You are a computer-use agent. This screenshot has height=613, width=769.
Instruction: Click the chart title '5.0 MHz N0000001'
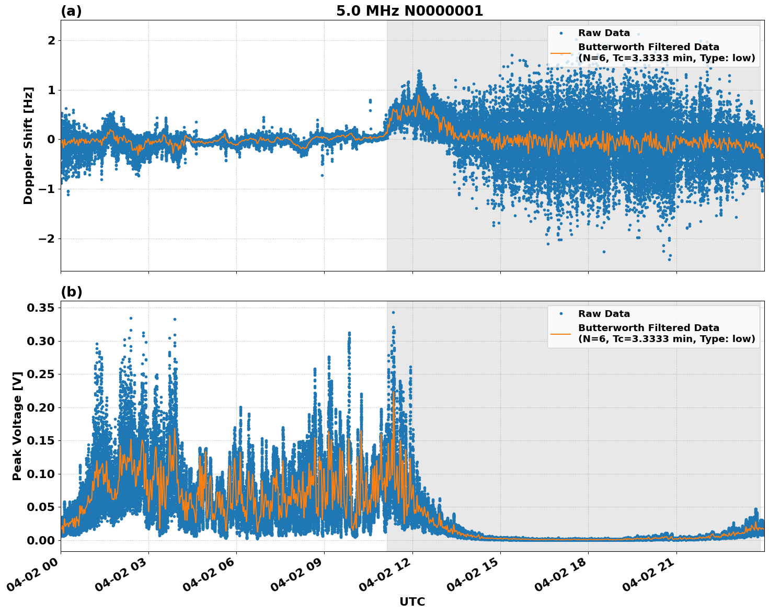(409, 11)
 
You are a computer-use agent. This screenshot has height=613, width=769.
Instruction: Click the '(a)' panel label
(71, 11)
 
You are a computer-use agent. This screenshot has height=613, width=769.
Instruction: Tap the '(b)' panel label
(72, 292)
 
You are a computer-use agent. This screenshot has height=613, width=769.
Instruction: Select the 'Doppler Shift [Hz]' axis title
(28, 145)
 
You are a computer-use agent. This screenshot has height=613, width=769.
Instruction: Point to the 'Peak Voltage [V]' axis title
(17, 426)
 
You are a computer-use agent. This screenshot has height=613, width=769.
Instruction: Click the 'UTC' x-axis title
(412, 601)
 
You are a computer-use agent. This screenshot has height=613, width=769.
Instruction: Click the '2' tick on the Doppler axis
(52, 40)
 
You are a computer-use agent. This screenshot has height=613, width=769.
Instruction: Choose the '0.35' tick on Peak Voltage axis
(40, 308)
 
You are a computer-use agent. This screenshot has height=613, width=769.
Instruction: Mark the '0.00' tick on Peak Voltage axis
(40, 540)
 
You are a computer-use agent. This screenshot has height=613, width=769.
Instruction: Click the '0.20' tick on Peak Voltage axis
(40, 407)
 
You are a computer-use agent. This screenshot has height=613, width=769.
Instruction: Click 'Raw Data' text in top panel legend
(604, 33)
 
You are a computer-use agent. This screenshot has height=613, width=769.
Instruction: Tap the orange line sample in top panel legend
(560, 53)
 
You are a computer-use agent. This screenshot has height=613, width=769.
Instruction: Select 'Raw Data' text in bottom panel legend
(604, 314)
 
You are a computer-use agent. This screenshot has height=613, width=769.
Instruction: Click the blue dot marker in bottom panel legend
(561, 314)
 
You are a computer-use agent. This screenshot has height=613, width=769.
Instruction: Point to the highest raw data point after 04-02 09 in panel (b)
(393, 312)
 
